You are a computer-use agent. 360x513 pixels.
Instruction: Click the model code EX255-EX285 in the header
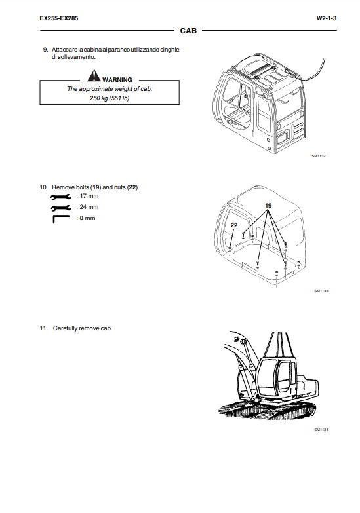59,18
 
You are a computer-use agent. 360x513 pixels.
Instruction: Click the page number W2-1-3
327,18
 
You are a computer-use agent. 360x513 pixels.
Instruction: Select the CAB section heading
188,31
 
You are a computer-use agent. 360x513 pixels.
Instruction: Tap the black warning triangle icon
94,75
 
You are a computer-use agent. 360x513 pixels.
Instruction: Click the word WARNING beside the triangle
117,79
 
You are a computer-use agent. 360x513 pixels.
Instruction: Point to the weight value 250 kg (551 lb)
110,98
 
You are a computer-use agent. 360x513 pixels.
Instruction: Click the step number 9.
45,50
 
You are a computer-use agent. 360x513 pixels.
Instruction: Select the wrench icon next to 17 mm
61,197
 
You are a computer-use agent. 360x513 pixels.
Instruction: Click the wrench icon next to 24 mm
61,208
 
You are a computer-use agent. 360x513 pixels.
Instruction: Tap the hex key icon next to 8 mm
61,219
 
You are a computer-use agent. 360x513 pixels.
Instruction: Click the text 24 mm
89,207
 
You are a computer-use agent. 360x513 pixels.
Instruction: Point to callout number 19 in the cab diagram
268,206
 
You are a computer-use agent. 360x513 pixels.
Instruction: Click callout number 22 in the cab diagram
234,225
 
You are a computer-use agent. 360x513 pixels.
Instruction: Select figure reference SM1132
319,156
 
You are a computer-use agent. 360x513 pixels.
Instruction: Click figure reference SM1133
321,291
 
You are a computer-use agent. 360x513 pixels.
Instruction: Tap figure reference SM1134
321,430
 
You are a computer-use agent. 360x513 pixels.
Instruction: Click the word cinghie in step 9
170,50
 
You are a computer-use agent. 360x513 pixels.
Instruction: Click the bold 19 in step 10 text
96,187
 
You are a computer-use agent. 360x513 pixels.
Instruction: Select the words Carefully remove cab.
83,328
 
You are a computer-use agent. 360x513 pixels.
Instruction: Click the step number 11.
43,328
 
